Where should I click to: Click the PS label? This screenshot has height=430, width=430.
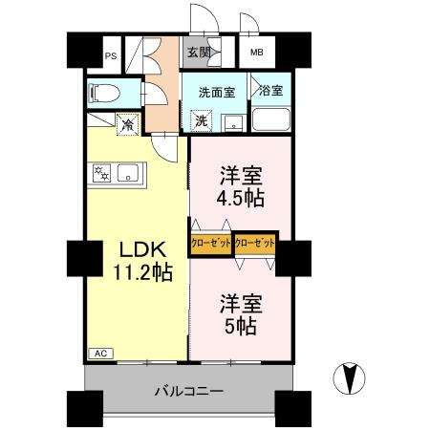[x=111, y=55]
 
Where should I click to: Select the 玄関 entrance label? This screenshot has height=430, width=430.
[x=198, y=54]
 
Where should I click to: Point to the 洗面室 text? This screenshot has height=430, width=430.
[x=216, y=93]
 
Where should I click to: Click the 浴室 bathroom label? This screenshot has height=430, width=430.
[x=271, y=92]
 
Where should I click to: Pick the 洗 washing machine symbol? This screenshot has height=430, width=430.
[x=203, y=120]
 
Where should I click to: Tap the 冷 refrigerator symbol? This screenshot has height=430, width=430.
[x=126, y=122]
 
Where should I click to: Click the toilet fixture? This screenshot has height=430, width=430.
[x=103, y=94]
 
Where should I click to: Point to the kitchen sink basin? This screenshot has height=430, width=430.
[x=131, y=173]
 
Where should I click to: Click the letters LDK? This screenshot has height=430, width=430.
[x=140, y=249]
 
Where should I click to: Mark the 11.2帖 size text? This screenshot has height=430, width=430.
[x=139, y=273]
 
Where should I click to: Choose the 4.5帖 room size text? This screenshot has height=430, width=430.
[x=240, y=199]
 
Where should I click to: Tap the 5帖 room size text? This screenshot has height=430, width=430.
[x=240, y=326]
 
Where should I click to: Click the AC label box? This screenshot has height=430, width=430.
[x=99, y=353]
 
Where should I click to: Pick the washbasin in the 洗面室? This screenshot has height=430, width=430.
[x=231, y=121]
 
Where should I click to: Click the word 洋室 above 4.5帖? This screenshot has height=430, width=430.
[x=240, y=176]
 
